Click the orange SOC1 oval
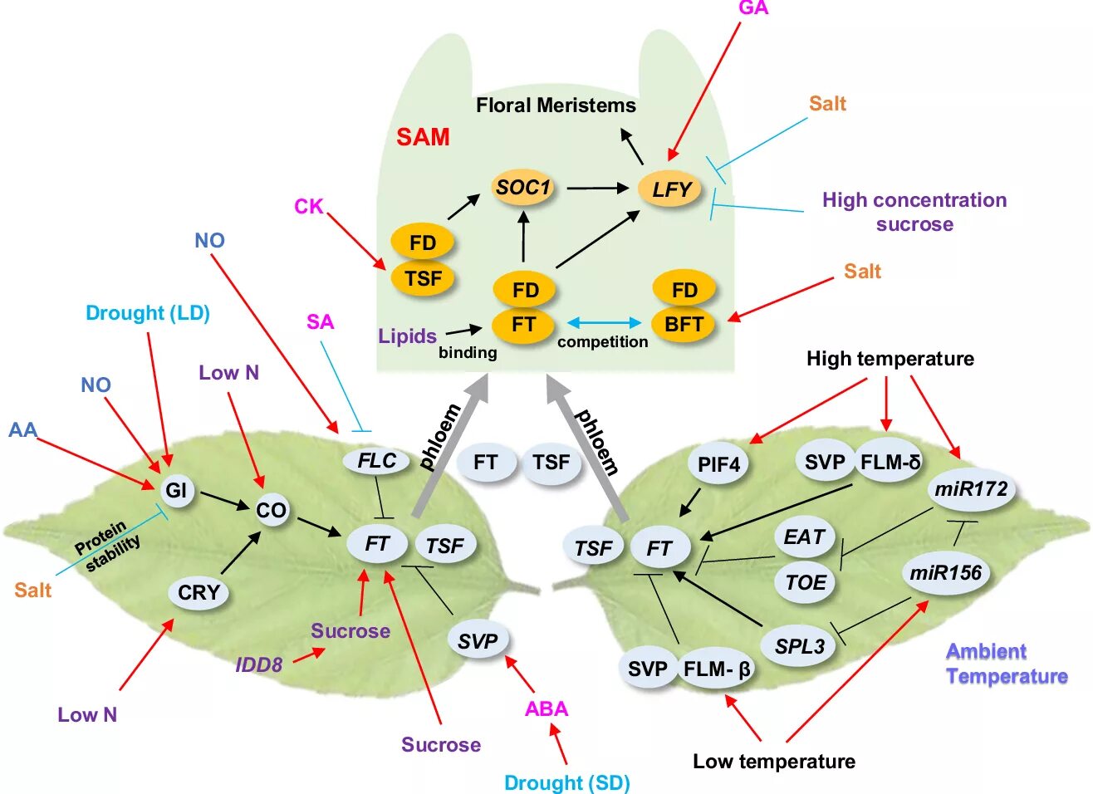click(x=523, y=188)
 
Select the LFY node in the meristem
click(x=670, y=189)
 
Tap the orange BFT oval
click(x=684, y=324)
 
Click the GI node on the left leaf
click(x=175, y=490)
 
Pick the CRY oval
click(x=199, y=592)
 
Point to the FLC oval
click(x=377, y=461)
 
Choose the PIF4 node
click(x=718, y=463)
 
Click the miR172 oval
click(x=970, y=489)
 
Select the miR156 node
click(x=945, y=572)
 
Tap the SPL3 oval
click(x=799, y=646)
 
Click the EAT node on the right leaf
click(x=804, y=537)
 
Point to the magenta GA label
click(x=753, y=8)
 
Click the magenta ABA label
click(x=546, y=708)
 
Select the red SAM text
click(x=423, y=137)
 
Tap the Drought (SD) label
click(x=567, y=782)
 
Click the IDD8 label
click(x=259, y=664)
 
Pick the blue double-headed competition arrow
click(x=604, y=322)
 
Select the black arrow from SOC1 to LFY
click(x=597, y=189)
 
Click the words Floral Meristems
click(x=556, y=105)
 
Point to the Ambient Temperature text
click(x=1006, y=664)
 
